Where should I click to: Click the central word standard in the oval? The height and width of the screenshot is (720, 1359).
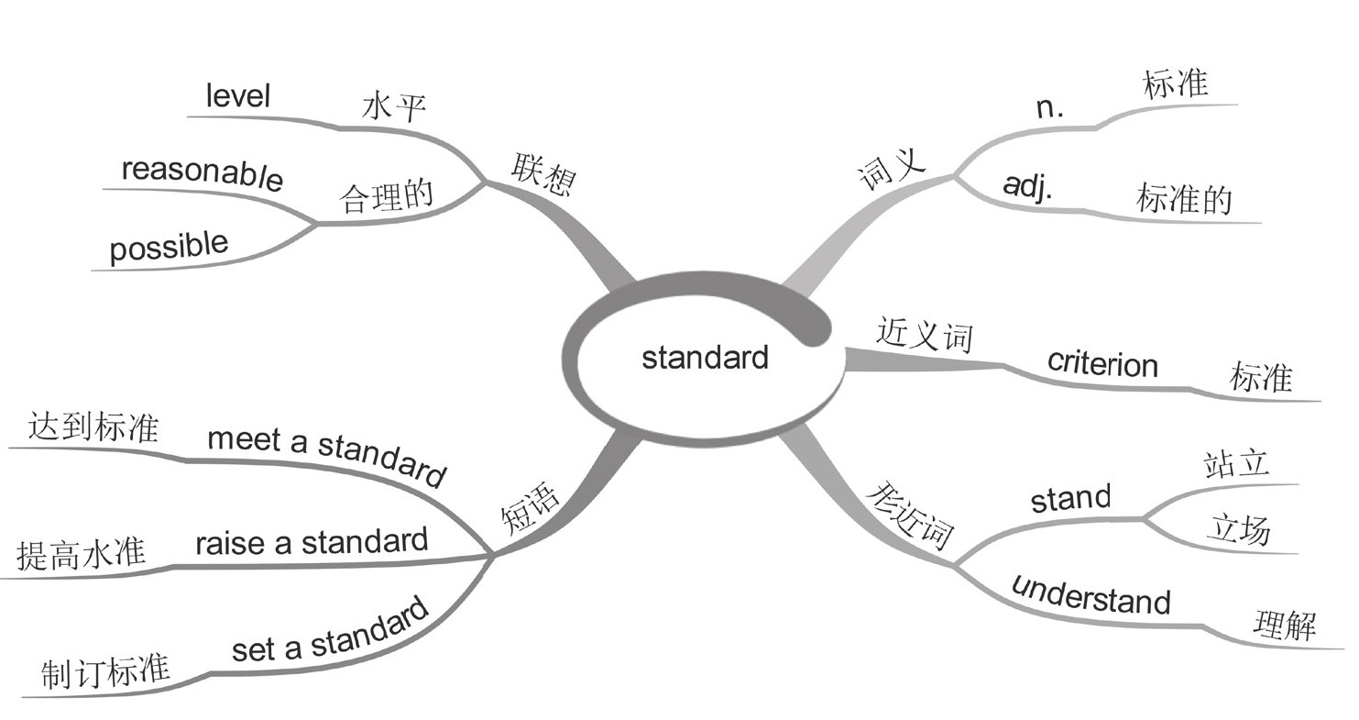point(704,357)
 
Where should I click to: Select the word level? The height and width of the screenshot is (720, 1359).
point(237,95)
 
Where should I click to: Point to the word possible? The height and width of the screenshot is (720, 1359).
point(169,247)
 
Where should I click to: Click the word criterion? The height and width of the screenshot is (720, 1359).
point(1102,363)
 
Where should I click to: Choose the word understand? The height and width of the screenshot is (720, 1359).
point(1090,594)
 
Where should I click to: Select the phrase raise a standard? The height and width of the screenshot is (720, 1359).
point(311,542)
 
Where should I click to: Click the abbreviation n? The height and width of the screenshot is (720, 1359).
point(1049,107)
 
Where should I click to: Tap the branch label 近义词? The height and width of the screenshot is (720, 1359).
point(923,334)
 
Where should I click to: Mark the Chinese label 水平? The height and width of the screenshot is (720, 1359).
point(394,107)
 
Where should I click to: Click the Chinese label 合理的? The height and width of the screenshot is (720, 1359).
point(386,195)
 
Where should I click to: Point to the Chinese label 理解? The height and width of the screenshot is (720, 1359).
point(1285,626)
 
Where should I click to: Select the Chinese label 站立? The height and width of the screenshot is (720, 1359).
point(1236,463)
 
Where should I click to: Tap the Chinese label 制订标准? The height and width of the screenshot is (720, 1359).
point(105,672)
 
